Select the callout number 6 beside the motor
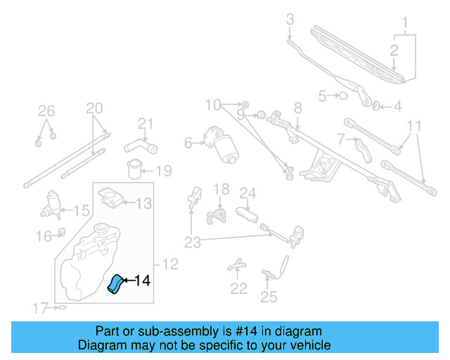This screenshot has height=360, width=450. pos(188,143)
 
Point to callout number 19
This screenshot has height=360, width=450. pos(162,171)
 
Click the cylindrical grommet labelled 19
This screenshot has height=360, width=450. pos(134,170)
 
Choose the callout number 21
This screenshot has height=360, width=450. pos(145,124)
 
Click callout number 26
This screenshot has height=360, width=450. pos(46,110)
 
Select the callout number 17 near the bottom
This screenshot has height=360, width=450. pos(41,307)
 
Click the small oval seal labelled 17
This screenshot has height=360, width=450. pos(61,307)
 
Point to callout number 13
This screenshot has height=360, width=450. pos(143,204)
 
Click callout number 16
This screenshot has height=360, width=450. pos(44,236)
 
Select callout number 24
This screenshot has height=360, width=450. pos(247,192)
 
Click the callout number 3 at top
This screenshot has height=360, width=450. pos(289,20)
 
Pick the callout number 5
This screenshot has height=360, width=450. pos(323,96)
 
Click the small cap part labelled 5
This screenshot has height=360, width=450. pos(344,96)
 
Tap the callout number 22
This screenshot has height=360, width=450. pos(238,288)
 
